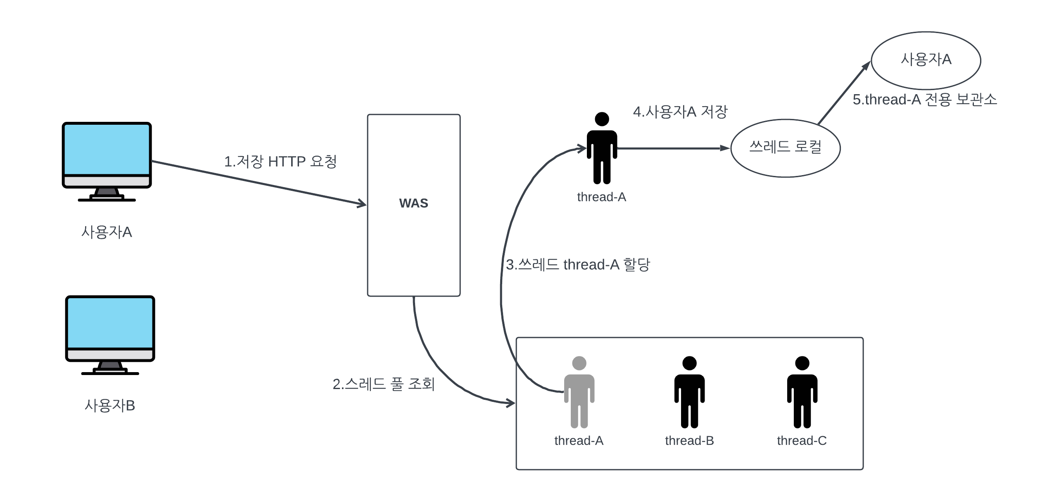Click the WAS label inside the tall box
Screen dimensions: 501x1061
coord(413,203)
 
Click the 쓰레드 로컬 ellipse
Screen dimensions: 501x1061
coord(785,148)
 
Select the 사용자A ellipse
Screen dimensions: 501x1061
coord(926,60)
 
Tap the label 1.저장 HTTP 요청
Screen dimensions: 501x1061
coord(280,161)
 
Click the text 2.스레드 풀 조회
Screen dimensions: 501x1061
coord(384,384)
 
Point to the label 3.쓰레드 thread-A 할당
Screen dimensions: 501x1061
coord(578,264)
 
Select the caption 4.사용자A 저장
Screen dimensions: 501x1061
coord(680,112)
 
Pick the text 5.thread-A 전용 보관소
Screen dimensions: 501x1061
coord(925,100)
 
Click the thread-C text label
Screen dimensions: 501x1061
coord(802,441)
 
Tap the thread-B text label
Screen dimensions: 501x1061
coord(689,441)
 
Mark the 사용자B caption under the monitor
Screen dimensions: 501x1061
coord(110,406)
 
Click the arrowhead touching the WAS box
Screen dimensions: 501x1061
coord(362,204)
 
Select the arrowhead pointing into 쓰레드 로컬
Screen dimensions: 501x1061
coord(725,148)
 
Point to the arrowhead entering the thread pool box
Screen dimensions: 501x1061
coord(511,403)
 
